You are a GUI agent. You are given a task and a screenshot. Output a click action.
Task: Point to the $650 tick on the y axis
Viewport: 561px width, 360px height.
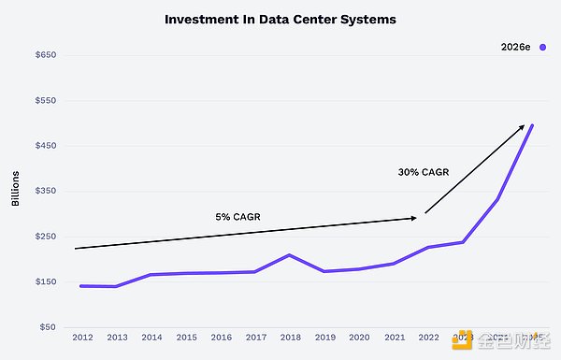coord(47,55)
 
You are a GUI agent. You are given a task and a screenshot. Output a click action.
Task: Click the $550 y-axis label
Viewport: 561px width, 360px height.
coord(47,100)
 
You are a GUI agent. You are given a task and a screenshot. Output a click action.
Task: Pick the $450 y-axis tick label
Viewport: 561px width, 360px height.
coord(47,146)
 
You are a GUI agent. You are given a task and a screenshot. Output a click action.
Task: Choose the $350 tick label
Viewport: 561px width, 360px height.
coord(47,191)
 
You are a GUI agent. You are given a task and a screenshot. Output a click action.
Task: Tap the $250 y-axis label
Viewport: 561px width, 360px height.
coord(47,237)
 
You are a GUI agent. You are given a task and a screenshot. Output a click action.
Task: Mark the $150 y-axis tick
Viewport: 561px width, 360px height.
coord(47,281)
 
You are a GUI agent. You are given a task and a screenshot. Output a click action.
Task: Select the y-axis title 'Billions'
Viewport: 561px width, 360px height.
coord(16,191)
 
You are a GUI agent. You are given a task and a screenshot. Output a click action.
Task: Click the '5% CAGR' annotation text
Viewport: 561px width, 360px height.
coord(237,217)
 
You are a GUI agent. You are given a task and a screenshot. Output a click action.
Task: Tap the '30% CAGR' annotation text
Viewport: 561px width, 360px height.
coord(422,172)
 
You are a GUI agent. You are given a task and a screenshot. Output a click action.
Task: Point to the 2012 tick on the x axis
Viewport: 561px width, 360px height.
coord(81,337)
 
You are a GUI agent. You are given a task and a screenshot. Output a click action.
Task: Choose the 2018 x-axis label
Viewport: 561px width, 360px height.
coord(290,337)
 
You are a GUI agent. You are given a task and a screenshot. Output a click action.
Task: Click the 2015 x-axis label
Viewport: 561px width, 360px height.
coord(186,337)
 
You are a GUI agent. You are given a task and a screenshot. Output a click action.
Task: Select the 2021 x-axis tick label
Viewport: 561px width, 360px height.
coord(395,337)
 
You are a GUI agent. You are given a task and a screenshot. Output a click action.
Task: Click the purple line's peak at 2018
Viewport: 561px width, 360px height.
coord(290,254)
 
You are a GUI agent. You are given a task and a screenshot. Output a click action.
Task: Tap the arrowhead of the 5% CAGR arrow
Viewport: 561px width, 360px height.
coord(414,218)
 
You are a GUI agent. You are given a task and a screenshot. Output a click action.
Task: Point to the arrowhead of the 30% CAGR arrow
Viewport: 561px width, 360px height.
coord(523,126)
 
